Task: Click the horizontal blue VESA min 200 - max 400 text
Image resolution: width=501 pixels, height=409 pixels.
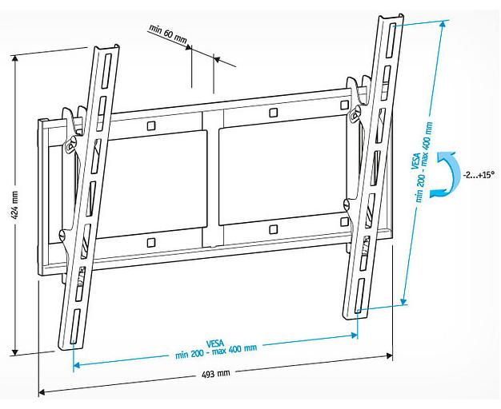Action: click(x=216, y=347)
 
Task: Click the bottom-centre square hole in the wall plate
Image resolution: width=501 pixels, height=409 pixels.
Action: click(x=273, y=229)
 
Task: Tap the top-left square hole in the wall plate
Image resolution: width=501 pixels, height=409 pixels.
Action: click(x=151, y=125)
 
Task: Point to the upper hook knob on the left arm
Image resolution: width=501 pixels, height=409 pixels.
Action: click(x=70, y=145)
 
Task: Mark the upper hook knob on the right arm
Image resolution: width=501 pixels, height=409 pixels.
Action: click(x=353, y=115)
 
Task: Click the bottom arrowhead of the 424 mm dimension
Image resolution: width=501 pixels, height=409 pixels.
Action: click(x=15, y=352)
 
